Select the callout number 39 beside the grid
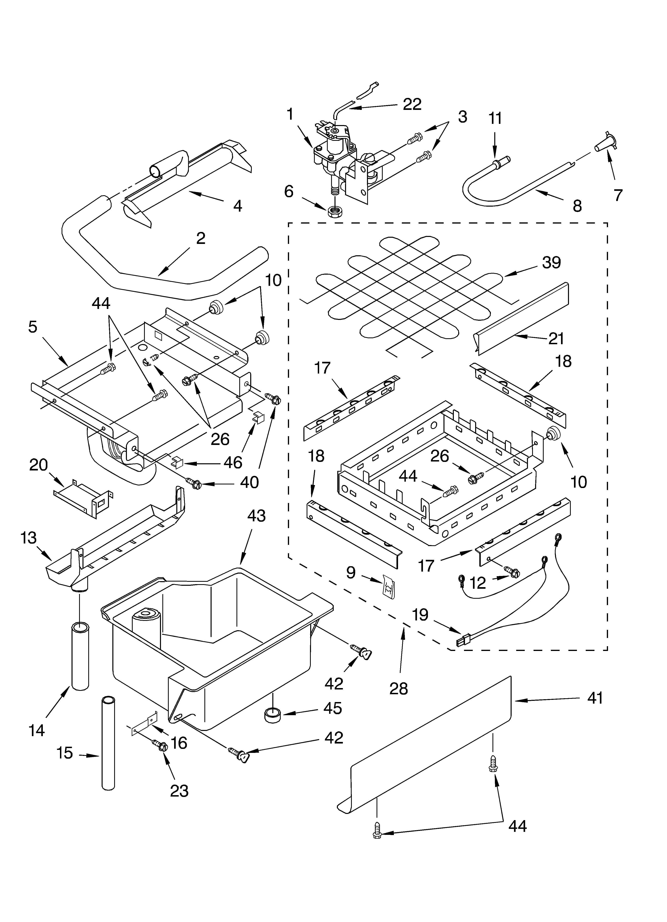point(551,263)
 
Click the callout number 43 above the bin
point(256,516)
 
